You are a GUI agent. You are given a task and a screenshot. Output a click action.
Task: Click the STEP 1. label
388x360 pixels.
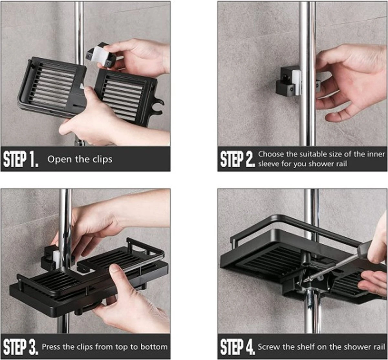pyautogui.click(x=21, y=159)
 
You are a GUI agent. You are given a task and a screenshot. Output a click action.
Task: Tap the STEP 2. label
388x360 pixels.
pyautogui.click(x=237, y=159)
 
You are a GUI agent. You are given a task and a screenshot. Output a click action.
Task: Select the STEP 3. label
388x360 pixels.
pyautogui.click(x=20, y=347)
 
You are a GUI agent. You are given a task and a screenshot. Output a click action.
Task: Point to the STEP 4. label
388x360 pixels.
pyautogui.click(x=237, y=347)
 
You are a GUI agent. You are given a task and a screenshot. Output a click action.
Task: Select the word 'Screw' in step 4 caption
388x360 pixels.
pyautogui.click(x=268, y=347)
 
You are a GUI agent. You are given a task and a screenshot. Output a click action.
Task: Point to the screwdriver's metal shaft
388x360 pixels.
pyautogui.click(x=333, y=266)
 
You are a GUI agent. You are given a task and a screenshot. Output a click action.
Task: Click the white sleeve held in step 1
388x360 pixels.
pyautogui.click(x=97, y=53)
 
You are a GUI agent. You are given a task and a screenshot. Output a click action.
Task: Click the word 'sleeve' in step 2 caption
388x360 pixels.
pyautogui.click(x=269, y=164)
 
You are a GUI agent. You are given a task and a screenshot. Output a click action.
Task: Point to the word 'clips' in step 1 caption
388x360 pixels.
pyautogui.click(x=101, y=159)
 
